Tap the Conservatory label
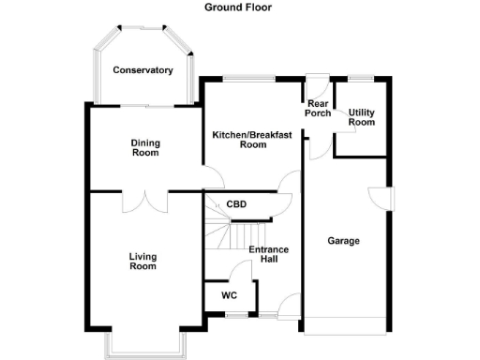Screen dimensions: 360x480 tap(142, 70)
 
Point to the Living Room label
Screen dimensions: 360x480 tap(142, 262)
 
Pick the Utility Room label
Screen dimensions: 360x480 tap(361, 116)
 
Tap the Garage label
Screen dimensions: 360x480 tap(343, 241)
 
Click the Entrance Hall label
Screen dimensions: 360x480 tap(268, 254)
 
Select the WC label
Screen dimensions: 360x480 tap(229, 295)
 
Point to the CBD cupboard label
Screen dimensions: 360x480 tap(236, 203)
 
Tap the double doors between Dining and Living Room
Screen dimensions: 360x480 tap(145, 200)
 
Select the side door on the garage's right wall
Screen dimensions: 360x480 tap(383, 200)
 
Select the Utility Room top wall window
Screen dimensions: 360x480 tap(361, 77)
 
